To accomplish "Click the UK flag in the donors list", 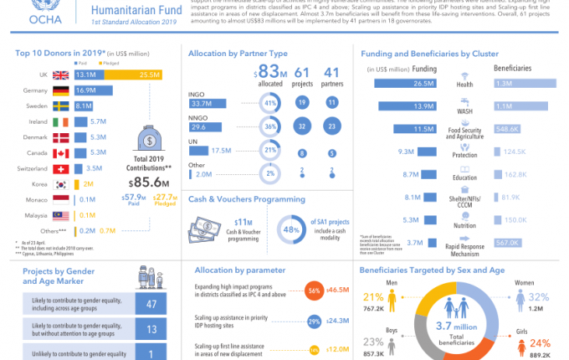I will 60,75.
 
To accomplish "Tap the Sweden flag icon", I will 60,106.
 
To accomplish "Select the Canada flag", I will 60,153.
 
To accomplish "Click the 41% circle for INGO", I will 269,103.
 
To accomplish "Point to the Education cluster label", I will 465,177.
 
